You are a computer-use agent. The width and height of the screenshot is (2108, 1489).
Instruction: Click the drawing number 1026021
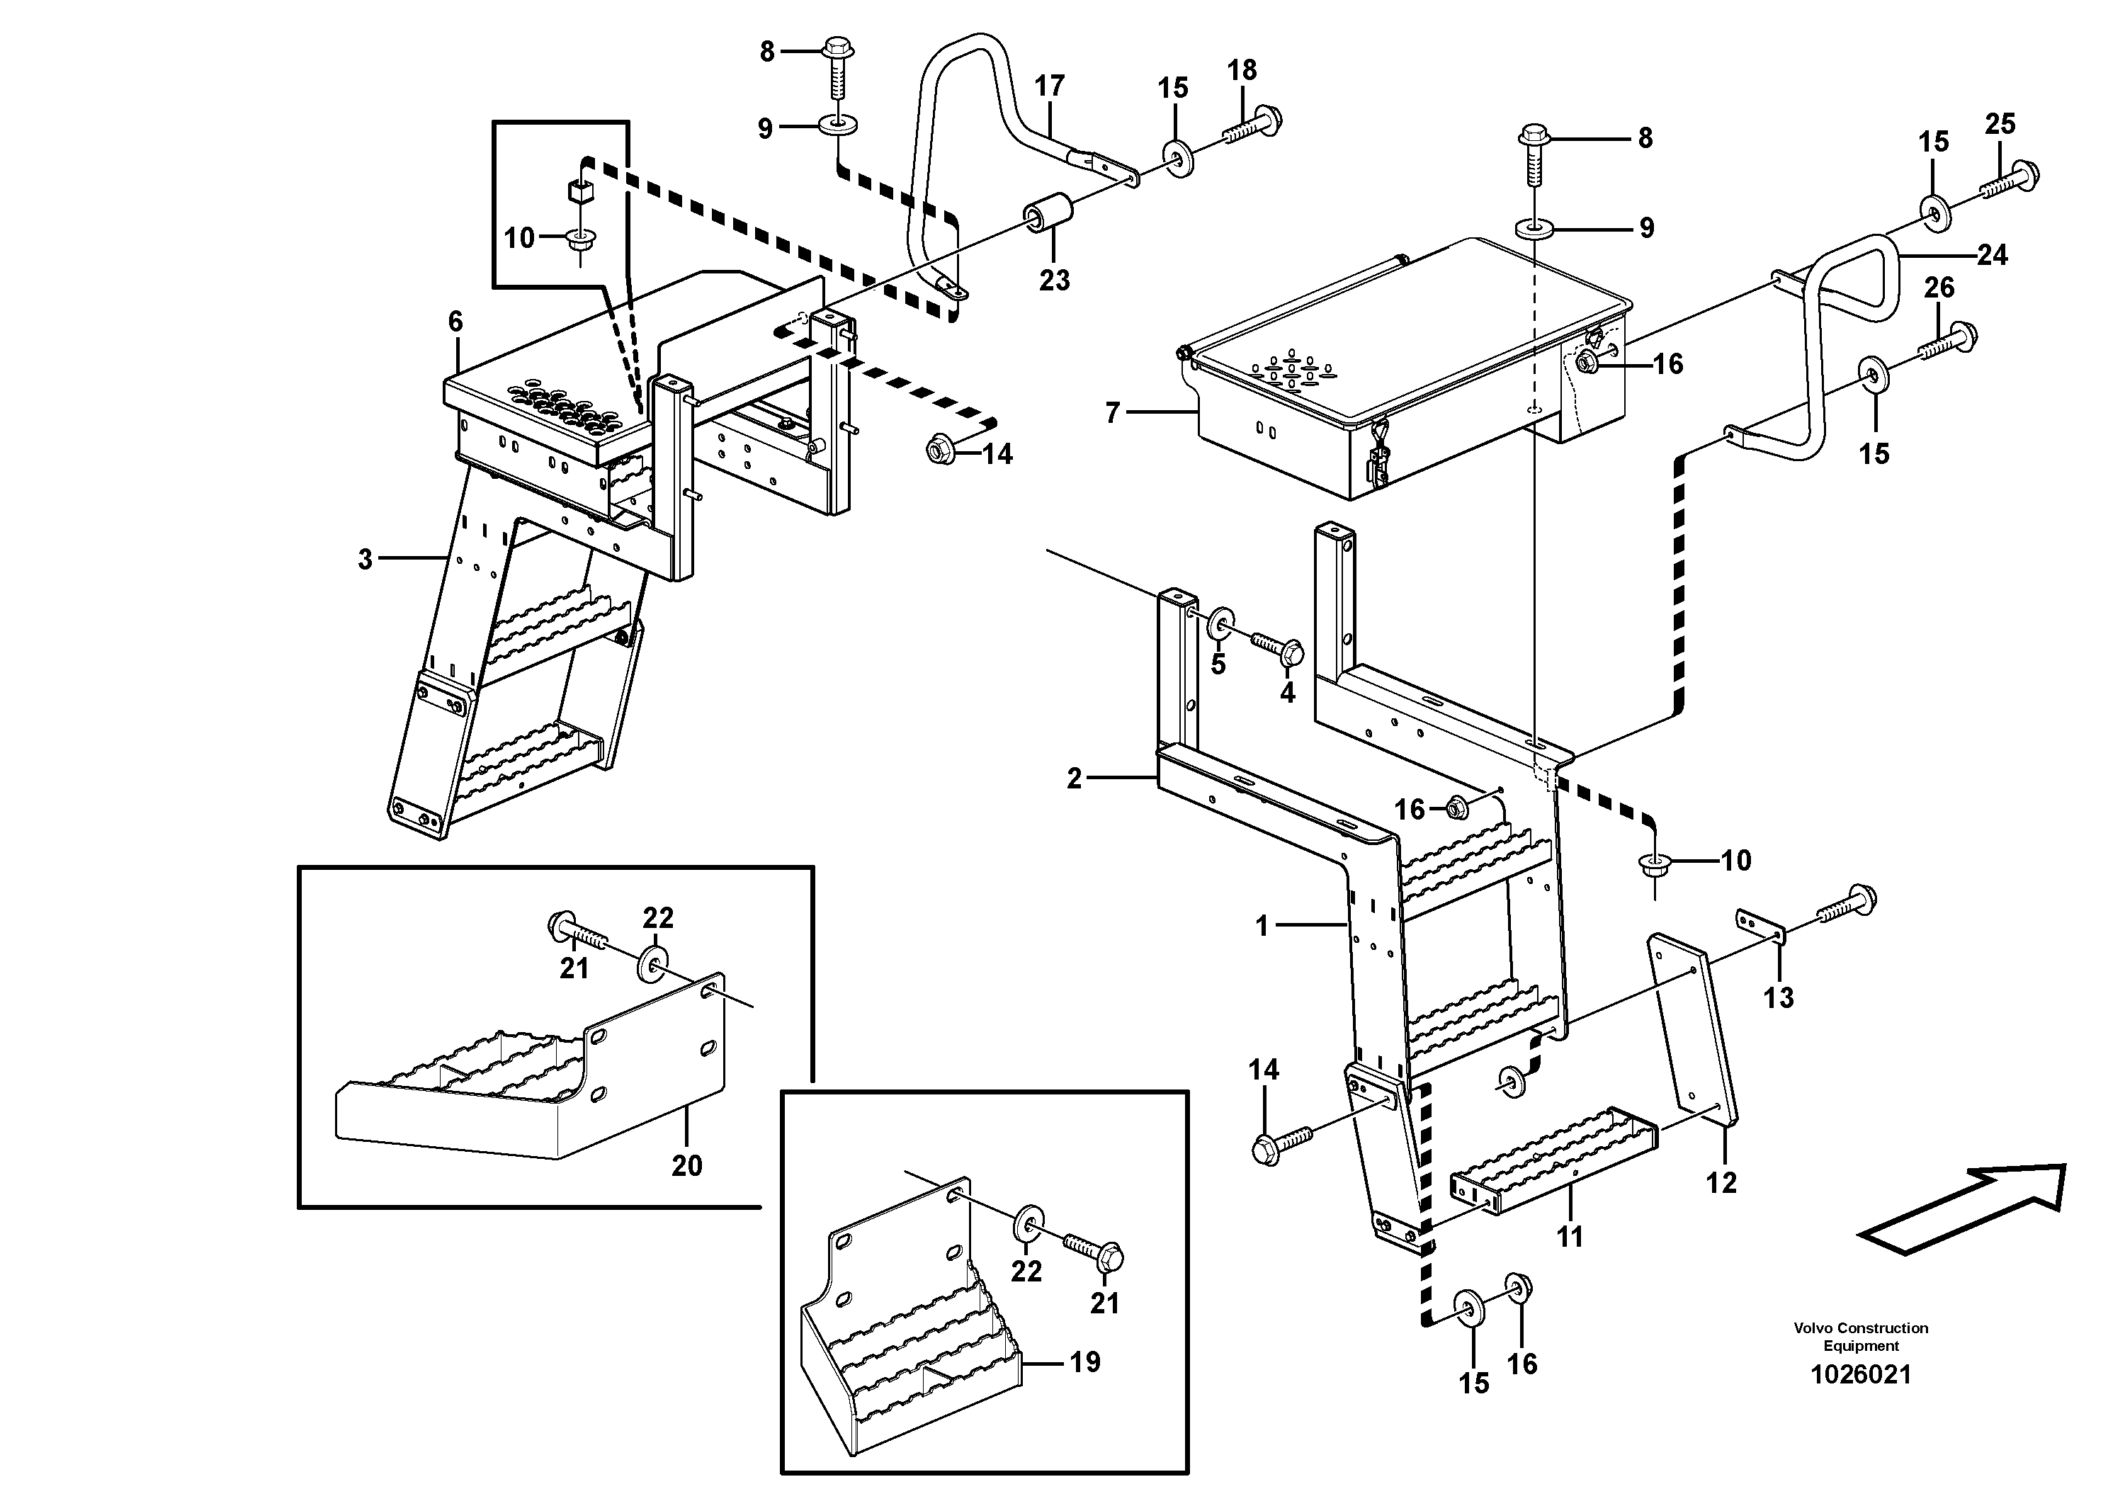pyautogui.click(x=1860, y=1374)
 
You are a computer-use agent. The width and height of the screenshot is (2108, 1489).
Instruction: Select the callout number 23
pyautogui.click(x=1054, y=280)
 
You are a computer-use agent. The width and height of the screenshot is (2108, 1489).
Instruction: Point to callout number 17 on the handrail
pyautogui.click(x=1050, y=86)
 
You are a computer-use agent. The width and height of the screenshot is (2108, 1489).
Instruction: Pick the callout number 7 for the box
pyautogui.click(x=1113, y=413)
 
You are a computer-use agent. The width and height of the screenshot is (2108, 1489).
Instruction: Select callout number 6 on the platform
pyautogui.click(x=455, y=322)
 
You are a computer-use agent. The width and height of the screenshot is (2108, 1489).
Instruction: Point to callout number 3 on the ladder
pyautogui.click(x=365, y=558)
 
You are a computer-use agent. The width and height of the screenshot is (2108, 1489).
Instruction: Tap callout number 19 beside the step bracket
pyautogui.click(x=1084, y=1362)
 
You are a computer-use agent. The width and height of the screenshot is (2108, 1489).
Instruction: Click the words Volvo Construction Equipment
pyautogui.click(x=1860, y=1337)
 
